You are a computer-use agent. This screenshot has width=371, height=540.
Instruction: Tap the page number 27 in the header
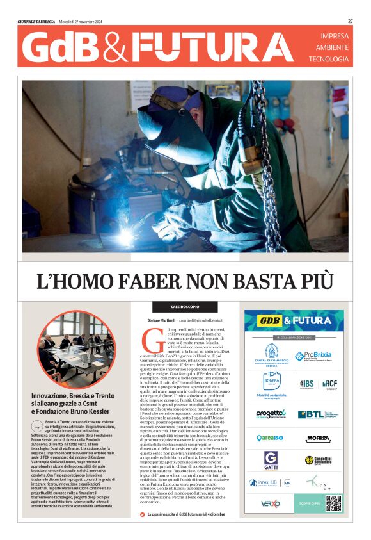(x=351, y=21)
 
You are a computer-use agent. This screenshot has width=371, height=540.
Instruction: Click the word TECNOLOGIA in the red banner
(x=329, y=59)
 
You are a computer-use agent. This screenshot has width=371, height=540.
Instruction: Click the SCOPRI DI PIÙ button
(x=309, y=503)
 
